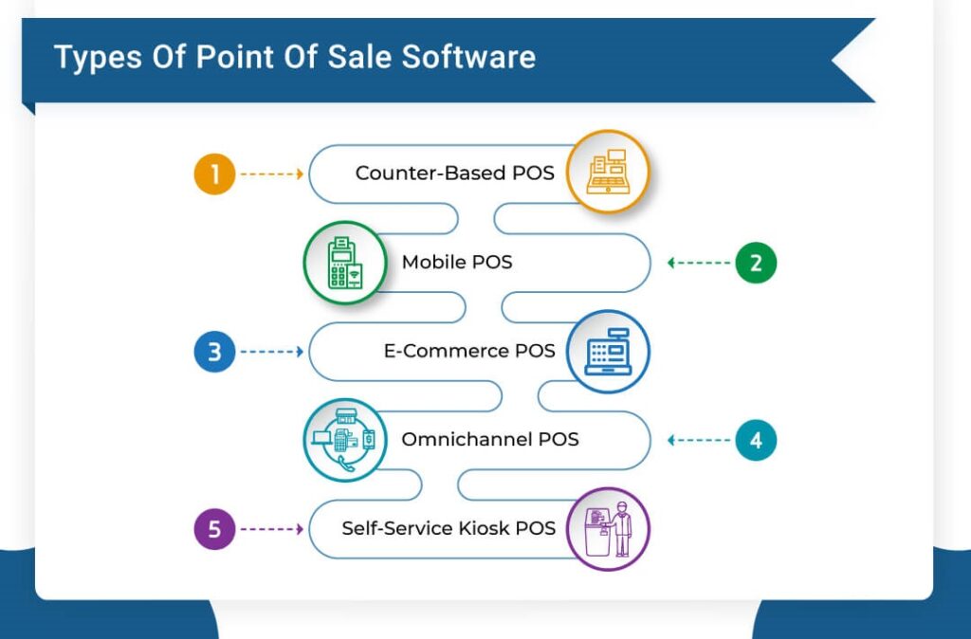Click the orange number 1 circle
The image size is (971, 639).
[x=214, y=174]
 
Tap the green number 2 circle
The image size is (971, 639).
[x=756, y=263]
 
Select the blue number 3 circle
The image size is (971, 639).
[x=214, y=352]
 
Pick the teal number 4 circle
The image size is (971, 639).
[x=756, y=440]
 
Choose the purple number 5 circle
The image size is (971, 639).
[x=214, y=528]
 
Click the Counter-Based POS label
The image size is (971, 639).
[x=455, y=173]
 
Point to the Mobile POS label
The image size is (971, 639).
[x=457, y=262]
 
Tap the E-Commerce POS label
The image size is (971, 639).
[x=469, y=351]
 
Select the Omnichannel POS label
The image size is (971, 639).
[x=490, y=439]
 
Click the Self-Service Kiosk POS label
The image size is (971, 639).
[x=449, y=528]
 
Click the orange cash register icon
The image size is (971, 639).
[x=608, y=173]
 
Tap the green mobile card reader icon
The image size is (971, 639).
[x=344, y=262]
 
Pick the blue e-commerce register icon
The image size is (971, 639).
[x=608, y=351]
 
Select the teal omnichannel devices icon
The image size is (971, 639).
[x=344, y=440]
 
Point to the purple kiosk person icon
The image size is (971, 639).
[x=608, y=528]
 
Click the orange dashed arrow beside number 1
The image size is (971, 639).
[x=271, y=174]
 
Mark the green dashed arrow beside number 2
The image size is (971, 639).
[x=700, y=263]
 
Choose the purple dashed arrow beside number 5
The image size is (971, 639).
[x=271, y=528]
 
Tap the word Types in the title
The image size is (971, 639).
[x=91, y=58]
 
